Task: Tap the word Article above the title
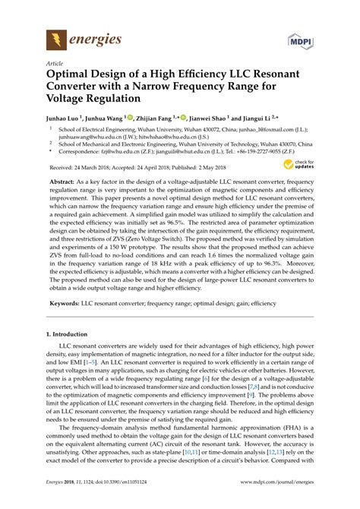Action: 55,65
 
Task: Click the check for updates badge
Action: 303,163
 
